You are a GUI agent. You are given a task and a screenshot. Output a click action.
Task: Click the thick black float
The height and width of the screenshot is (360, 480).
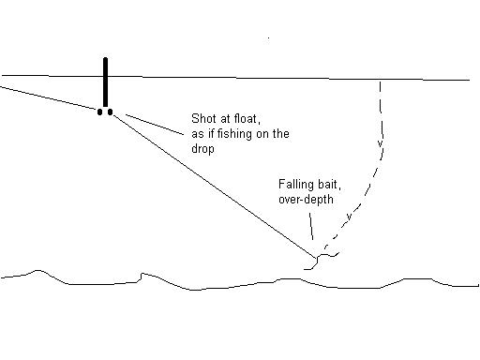pyautogui.click(x=106, y=82)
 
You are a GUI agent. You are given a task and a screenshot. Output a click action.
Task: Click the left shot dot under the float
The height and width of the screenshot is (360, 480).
pyautogui.click(x=100, y=112)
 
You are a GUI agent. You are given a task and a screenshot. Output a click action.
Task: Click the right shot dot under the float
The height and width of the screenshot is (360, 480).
pyautogui.click(x=111, y=112)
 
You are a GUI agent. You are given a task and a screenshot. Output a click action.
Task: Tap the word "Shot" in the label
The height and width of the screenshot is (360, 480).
pyautogui.click(x=202, y=120)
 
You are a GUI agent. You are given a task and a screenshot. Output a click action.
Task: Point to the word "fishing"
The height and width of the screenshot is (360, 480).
pyautogui.click(x=240, y=135)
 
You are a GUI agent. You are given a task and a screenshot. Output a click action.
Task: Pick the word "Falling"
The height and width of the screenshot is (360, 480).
pyautogui.click(x=295, y=185)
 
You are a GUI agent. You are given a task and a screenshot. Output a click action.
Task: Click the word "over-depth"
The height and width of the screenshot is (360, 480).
pyautogui.click(x=307, y=200)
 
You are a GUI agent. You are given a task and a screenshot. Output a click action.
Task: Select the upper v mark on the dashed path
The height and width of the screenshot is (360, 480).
pyautogui.click(x=379, y=143)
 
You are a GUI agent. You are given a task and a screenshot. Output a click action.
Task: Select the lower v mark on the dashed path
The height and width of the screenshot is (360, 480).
pyautogui.click(x=350, y=217)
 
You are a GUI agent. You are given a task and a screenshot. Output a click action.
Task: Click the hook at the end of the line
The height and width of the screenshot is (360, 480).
pyautogui.click(x=322, y=256)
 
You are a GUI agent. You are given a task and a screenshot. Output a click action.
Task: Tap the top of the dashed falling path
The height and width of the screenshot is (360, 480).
pyautogui.click(x=380, y=84)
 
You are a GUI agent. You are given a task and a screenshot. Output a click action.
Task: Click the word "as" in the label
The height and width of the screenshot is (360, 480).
pyautogui.click(x=197, y=135)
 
